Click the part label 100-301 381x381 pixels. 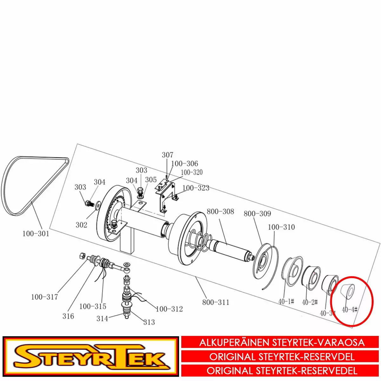pyautogui.click(x=36, y=234)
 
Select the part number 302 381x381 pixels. pyautogui.click(x=81, y=225)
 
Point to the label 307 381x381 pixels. pyautogui.click(x=168, y=155)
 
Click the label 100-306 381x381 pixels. pyautogui.click(x=184, y=164)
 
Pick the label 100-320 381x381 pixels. pyautogui.click(x=191, y=172)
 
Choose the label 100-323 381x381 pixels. pyautogui.click(x=196, y=188)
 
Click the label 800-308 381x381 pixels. pyautogui.click(x=220, y=211)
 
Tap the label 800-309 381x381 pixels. pyautogui.click(x=257, y=214)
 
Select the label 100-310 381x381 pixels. pyautogui.click(x=281, y=227)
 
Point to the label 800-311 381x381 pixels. pyautogui.click(x=216, y=302)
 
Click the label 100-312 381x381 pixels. pyautogui.click(x=169, y=309)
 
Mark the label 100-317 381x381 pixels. pyautogui.click(x=44, y=297)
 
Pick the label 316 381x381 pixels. pyautogui.click(x=68, y=316)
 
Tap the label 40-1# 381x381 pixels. pyautogui.click(x=286, y=301)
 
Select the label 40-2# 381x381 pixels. pyautogui.click(x=310, y=302)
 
